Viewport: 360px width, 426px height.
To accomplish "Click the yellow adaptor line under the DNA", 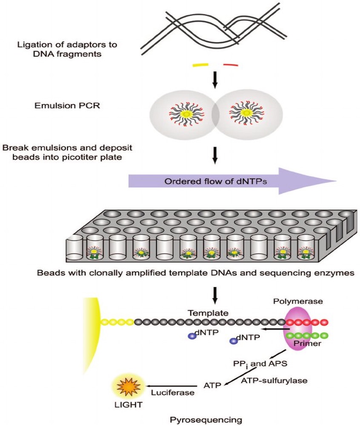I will tap(200, 65).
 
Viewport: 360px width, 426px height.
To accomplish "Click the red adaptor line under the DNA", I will tap(231, 65).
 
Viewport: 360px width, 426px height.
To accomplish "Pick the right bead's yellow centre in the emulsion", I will tap(247, 114).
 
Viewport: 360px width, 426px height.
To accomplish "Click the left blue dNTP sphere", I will tap(192, 336).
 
